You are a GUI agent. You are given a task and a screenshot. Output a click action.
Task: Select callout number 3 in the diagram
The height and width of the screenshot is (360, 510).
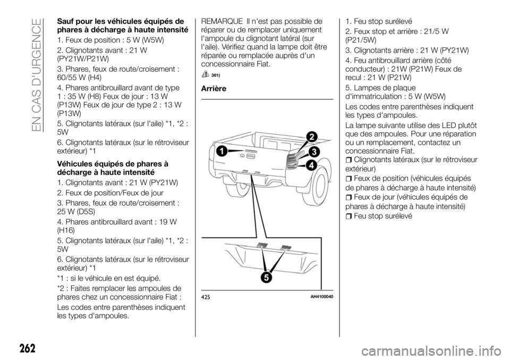314,151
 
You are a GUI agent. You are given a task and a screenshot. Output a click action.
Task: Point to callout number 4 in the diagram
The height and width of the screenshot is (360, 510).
311,166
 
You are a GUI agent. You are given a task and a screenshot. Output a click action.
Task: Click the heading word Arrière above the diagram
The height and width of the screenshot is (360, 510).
214,89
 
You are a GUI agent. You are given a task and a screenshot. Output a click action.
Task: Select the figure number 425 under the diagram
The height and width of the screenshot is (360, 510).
206,296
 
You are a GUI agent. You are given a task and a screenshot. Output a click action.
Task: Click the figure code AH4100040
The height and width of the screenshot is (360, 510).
324,296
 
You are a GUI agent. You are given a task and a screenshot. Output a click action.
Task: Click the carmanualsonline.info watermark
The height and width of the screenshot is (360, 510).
439,351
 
